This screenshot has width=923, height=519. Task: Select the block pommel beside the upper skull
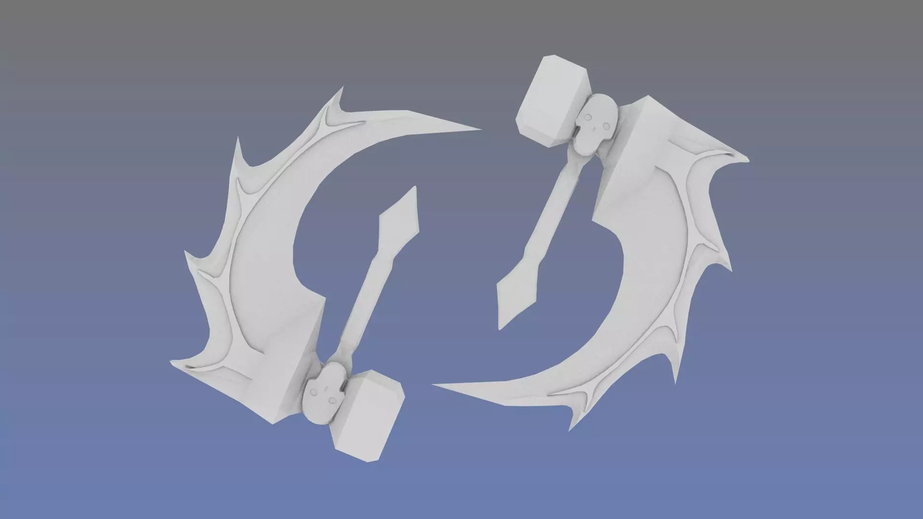click(553, 101)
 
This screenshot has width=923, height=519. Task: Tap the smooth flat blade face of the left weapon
click(269, 269)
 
